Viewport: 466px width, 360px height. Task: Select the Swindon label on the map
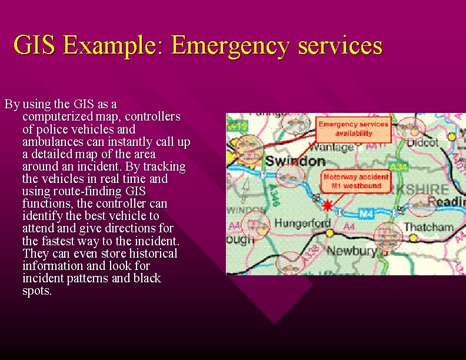point(295,161)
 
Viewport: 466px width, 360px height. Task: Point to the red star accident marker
point(327,205)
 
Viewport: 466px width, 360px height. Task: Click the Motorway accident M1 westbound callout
point(356,181)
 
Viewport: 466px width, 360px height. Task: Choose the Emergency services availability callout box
point(354,128)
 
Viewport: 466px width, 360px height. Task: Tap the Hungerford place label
point(302,224)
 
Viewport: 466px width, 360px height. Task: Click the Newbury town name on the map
point(351,251)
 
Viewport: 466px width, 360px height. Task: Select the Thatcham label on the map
point(428,227)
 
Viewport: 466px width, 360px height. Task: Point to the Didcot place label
point(422,143)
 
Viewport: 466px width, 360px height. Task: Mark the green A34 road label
point(398,168)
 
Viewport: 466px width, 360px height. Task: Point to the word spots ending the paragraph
point(36,291)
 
